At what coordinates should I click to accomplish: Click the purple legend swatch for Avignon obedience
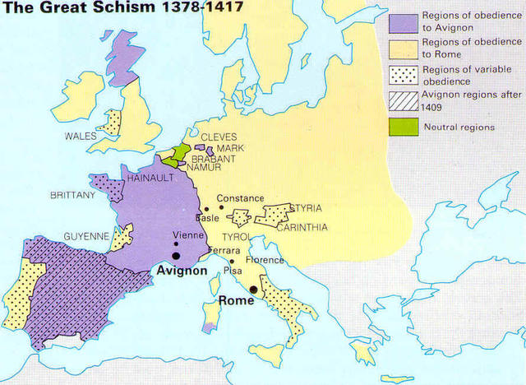(402, 21)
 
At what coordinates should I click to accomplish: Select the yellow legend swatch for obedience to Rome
(402, 49)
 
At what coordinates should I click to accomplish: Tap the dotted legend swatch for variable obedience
(402, 76)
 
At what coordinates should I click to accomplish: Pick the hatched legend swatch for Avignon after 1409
(402, 101)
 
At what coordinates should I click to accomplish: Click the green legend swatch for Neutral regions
(402, 128)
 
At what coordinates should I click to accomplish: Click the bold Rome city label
(236, 301)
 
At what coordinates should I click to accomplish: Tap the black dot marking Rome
(255, 290)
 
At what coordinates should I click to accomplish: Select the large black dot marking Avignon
(177, 256)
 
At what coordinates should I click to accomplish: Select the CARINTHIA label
(303, 227)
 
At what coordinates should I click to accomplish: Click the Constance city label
(240, 198)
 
